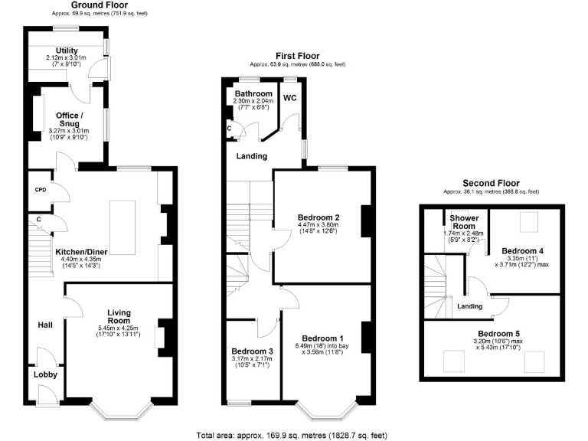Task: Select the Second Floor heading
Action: pyautogui.click(x=491, y=183)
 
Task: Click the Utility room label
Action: pyautogui.click(x=67, y=51)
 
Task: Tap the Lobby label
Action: pyautogui.click(x=44, y=374)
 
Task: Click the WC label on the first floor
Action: pyautogui.click(x=291, y=99)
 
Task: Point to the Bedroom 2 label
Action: pyautogui.click(x=318, y=217)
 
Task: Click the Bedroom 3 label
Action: pyautogui.click(x=253, y=352)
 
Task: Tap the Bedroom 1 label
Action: pyautogui.click(x=322, y=338)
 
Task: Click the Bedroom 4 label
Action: pyautogui.click(x=523, y=251)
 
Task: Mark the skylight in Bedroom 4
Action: pyautogui.click(x=528, y=222)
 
